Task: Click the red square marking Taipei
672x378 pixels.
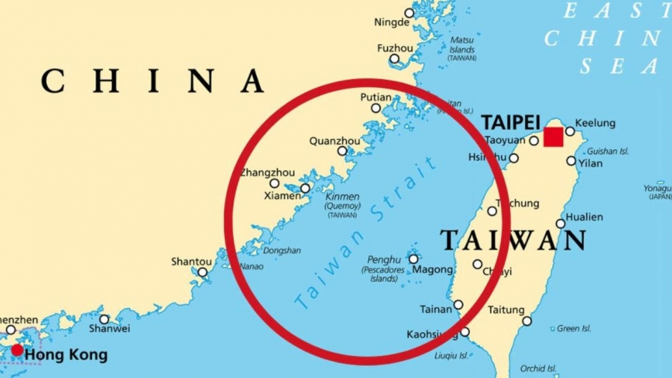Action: coord(553,137)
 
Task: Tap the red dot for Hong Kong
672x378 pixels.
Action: coord(16,350)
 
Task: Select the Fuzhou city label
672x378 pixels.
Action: coord(395,48)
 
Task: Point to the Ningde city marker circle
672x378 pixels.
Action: coord(409,13)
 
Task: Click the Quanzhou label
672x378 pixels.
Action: coord(335,141)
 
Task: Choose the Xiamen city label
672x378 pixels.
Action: coord(282,196)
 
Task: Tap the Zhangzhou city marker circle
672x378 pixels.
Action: coord(275,183)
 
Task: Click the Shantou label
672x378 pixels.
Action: coord(191,262)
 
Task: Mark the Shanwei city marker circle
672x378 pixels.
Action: coord(104,319)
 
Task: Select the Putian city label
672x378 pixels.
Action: coord(376,97)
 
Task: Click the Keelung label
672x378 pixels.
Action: coord(595,123)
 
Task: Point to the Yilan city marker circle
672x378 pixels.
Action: coord(571,160)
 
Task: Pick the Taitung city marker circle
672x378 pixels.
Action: coord(527,321)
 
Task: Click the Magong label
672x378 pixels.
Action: coord(433,269)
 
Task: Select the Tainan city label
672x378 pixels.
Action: coord(436,309)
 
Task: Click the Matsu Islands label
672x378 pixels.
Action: coord(461,48)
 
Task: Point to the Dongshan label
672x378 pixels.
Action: coord(281,251)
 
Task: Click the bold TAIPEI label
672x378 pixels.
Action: coord(510,122)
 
